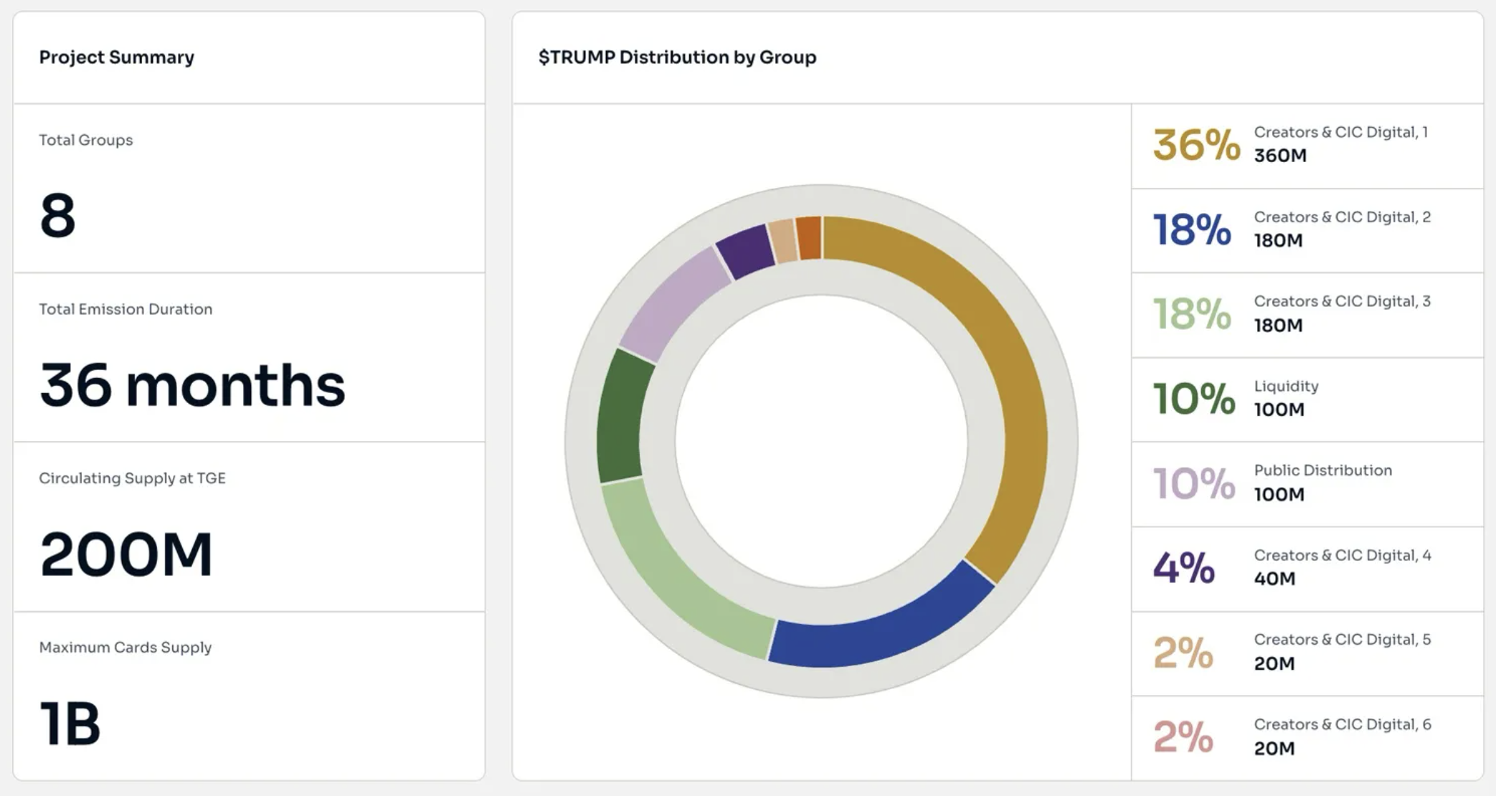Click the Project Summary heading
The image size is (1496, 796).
click(116, 57)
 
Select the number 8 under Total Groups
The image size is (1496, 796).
click(57, 215)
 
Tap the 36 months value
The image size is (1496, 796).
click(192, 385)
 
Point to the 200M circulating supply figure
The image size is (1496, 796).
click(126, 554)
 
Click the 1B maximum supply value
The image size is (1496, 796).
click(70, 724)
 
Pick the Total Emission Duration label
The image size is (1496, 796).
click(126, 309)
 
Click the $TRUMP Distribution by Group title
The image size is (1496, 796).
click(677, 57)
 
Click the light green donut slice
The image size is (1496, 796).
click(674, 574)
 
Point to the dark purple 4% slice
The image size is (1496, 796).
click(746, 251)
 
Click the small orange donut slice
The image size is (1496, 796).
click(809, 238)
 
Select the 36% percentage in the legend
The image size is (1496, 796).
click(1196, 145)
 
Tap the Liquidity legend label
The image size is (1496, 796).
click(1286, 387)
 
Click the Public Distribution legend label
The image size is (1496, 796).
click(1322, 471)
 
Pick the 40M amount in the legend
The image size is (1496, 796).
click(1274, 579)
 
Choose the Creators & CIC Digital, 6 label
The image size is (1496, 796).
click(1342, 725)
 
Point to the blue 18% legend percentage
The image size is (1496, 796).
click(1191, 229)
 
